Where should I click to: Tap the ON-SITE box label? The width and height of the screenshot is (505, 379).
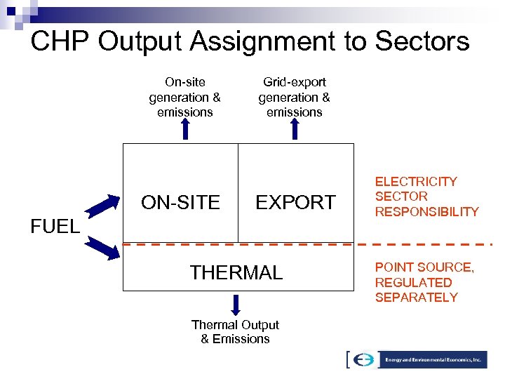[x=180, y=202]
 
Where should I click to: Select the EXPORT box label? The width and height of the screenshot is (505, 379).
[x=295, y=202]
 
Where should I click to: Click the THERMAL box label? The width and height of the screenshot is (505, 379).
[x=236, y=272]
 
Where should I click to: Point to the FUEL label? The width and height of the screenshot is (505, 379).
[x=55, y=227]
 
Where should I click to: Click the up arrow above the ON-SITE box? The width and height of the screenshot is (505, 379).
[x=185, y=130]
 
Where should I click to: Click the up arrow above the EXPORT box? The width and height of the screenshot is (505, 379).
[x=295, y=130]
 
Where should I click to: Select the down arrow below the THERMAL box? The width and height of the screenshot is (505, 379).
[x=236, y=305]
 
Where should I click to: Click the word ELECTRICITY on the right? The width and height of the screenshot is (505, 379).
[x=416, y=182]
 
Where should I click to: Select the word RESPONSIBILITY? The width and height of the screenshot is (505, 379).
[x=426, y=212]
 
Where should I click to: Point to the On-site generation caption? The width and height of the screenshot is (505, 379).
[x=185, y=97]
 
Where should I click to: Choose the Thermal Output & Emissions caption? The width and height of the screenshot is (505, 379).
[x=235, y=332]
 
